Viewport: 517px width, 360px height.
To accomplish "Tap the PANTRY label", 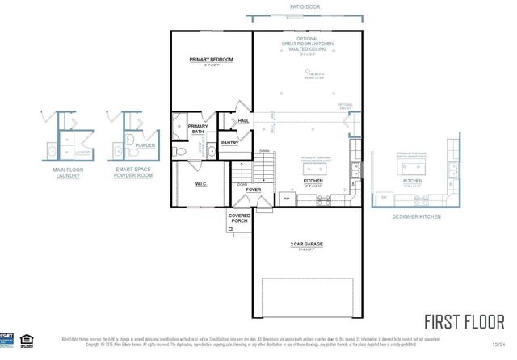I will click(x=230, y=143).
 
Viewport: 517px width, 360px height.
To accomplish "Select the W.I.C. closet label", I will click(x=201, y=184).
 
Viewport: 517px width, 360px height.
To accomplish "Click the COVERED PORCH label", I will click(x=239, y=219).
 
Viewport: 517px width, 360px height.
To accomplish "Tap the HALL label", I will click(x=243, y=121).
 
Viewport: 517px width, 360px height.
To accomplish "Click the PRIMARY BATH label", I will click(x=198, y=129).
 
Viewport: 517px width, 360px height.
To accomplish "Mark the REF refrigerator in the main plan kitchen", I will click(x=285, y=196).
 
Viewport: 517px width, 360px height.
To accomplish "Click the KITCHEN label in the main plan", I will click(x=313, y=181).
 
